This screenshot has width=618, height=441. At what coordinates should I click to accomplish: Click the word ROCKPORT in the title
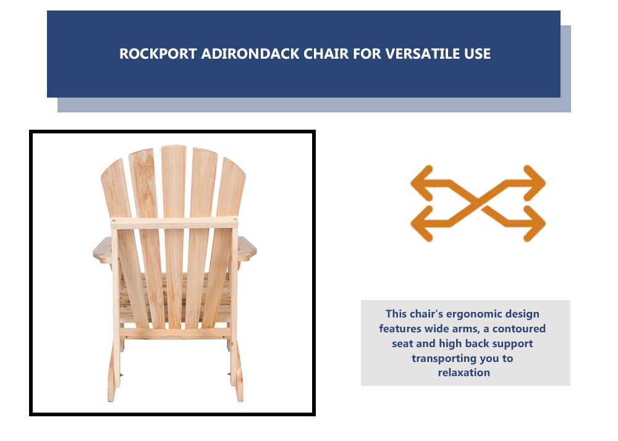point(158,54)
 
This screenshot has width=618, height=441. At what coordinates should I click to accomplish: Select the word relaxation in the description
point(464,372)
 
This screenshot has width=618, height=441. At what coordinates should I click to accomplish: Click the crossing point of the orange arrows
point(478,203)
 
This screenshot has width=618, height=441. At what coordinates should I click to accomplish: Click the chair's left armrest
point(103,250)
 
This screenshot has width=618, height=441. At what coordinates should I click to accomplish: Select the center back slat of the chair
point(174,236)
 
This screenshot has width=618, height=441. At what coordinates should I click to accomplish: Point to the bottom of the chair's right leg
point(240,396)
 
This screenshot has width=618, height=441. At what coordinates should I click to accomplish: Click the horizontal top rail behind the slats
point(174,223)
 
